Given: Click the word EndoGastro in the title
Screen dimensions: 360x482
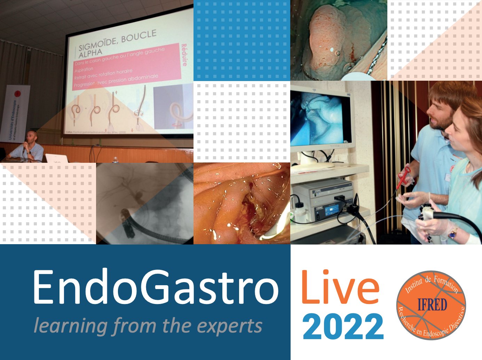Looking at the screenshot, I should click(x=156, y=288).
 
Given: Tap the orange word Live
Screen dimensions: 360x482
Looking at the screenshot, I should click(x=340, y=287).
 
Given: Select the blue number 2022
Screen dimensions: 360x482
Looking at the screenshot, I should click(x=343, y=327).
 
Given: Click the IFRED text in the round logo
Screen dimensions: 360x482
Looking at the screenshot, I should click(x=432, y=305).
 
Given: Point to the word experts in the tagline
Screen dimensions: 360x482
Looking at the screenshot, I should click(x=229, y=326).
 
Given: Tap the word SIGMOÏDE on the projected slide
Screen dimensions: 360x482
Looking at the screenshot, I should click(x=99, y=44).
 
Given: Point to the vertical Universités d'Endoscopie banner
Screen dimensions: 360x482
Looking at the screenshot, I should click(x=16, y=115).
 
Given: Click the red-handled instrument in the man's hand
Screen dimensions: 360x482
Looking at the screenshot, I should click(x=404, y=177).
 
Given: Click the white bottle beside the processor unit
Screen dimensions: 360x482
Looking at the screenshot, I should click(x=299, y=213).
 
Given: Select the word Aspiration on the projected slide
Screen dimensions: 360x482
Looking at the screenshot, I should click(x=84, y=69).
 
